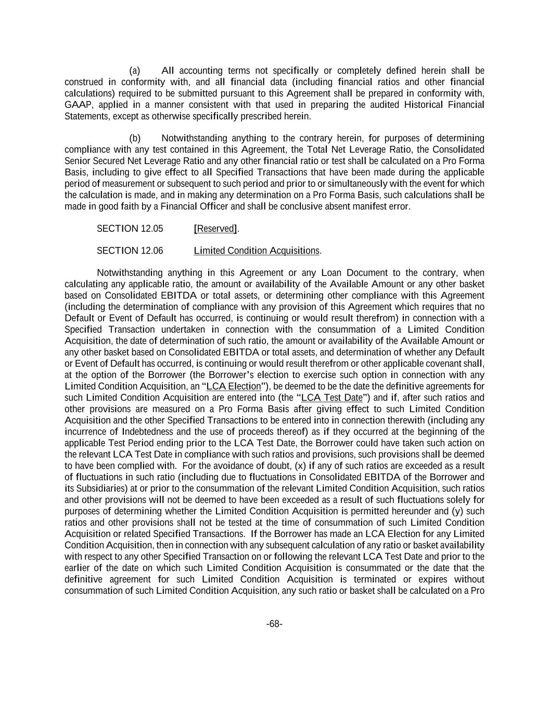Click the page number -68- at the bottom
(274, 624)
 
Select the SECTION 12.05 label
(130, 229)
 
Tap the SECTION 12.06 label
(130, 251)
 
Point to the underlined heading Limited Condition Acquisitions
(257, 251)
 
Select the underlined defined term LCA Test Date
(331, 397)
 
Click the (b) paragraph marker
(135, 138)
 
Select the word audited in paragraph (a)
(386, 105)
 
